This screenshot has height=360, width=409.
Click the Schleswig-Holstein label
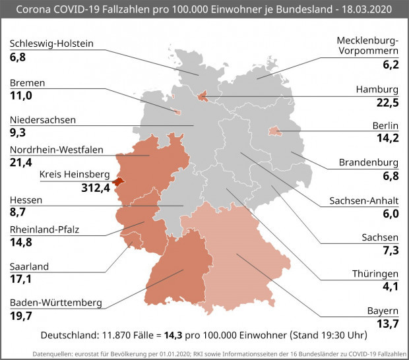pyautogui.click(x=51, y=44)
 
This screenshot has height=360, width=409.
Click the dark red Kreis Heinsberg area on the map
pyautogui.click(x=117, y=181)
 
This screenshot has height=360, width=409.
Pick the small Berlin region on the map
pyautogui.click(x=274, y=132)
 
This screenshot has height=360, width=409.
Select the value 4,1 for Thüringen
pyautogui.click(x=391, y=287)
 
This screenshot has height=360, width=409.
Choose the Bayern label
pyautogui.click(x=383, y=311)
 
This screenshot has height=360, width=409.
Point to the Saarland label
pyautogui.click(x=30, y=266)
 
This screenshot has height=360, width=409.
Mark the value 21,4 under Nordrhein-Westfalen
pyautogui.click(x=21, y=162)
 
